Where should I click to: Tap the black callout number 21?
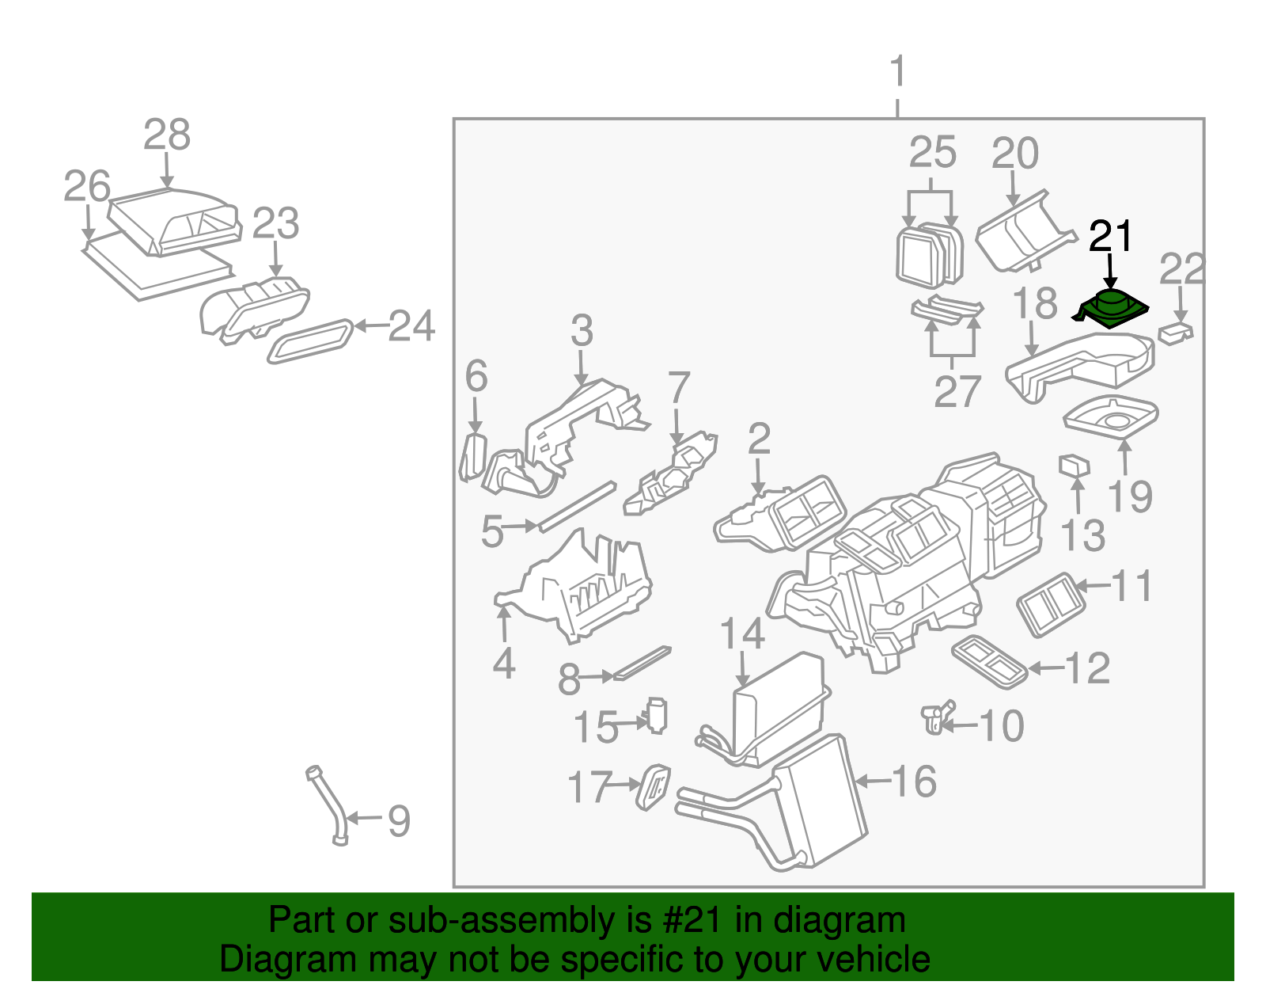point(1112,237)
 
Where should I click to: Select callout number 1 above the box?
point(897,73)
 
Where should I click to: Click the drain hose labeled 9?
point(328,804)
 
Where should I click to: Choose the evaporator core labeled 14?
point(775,705)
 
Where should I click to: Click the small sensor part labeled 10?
point(936,717)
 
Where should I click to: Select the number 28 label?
point(167,135)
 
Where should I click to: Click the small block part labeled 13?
point(1074,466)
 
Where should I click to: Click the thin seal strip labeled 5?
point(577,507)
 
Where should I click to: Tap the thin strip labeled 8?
point(642,664)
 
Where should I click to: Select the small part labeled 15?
point(657,716)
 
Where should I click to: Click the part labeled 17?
point(654,787)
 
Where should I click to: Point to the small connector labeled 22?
point(1176,333)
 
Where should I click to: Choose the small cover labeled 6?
point(472,457)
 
